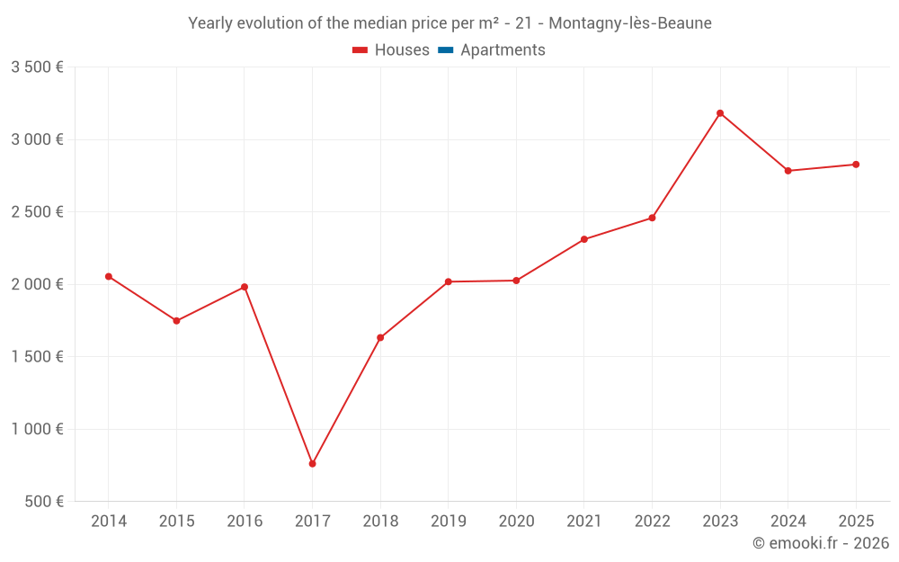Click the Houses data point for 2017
(x=312, y=464)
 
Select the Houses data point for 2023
(x=720, y=113)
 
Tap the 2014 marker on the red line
(x=109, y=276)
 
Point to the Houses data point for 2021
(x=584, y=239)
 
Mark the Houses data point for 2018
(x=380, y=337)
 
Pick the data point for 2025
(x=856, y=165)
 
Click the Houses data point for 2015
(x=176, y=321)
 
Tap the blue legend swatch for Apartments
(x=445, y=50)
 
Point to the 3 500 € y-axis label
(x=37, y=67)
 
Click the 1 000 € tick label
(x=37, y=429)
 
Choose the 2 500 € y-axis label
(x=37, y=212)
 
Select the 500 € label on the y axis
(x=43, y=501)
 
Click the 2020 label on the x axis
(x=516, y=522)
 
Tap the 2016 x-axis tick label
(x=245, y=522)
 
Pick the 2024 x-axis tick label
(x=788, y=522)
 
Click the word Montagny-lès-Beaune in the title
(x=628, y=23)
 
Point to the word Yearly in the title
(x=209, y=23)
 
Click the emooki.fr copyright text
(x=821, y=543)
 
